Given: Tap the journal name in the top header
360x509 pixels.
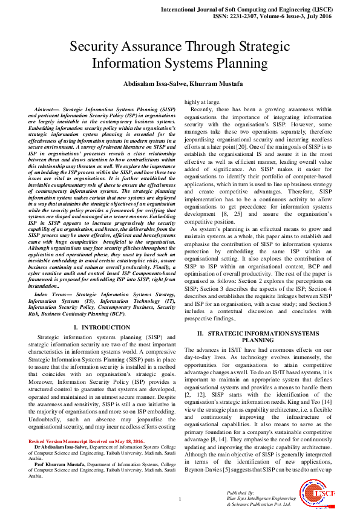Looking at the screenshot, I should pos(260,10).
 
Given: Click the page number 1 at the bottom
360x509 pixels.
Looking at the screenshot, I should pos(180,498).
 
